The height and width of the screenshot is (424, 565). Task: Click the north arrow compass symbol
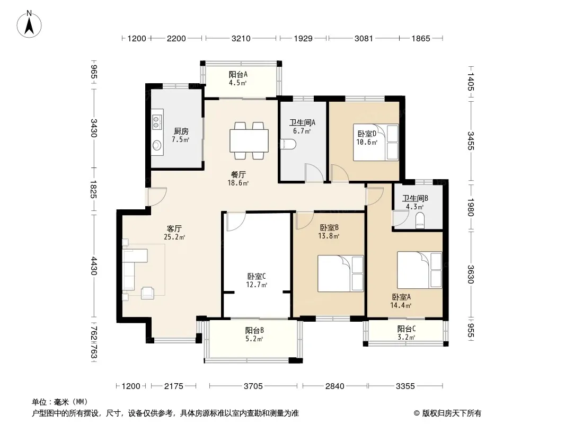coord(29,24)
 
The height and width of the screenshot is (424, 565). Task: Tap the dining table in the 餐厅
coord(249,140)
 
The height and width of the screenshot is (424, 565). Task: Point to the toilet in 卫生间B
coord(420,220)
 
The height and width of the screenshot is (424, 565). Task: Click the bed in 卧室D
coord(376,142)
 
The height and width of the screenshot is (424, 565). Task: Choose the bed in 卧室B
coord(340,273)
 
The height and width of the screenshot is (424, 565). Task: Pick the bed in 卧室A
coord(419,270)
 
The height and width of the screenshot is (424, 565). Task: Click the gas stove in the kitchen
coord(157,121)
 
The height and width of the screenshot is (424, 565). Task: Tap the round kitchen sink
coord(157,145)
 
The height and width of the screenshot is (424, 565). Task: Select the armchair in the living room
coord(147,293)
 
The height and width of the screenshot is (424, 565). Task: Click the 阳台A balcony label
coord(238,75)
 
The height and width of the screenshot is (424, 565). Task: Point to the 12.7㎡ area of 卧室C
coord(257,285)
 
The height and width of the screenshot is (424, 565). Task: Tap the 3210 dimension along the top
coord(241,38)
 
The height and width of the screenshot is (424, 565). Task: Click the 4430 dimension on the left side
coord(94,266)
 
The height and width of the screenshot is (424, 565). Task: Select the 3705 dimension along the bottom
coord(253,386)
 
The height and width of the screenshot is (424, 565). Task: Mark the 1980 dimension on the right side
coord(471,207)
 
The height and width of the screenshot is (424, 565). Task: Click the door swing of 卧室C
coord(236,222)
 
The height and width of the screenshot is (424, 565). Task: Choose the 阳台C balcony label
coord(407,329)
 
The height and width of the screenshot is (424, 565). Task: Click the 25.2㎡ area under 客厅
coord(174,237)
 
